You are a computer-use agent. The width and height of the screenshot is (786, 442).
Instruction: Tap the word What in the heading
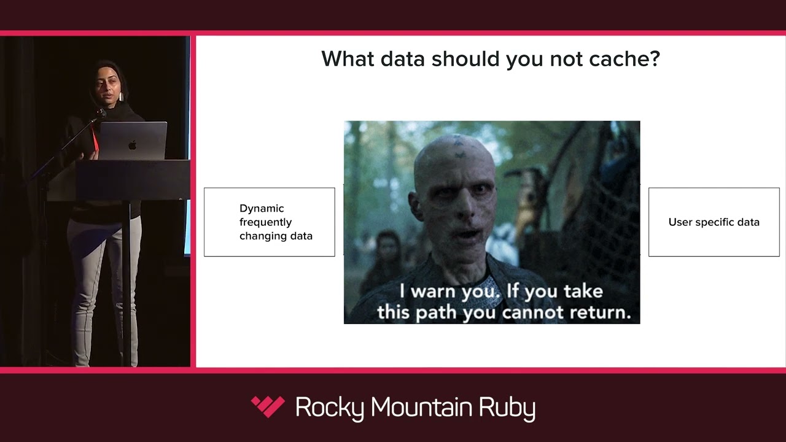pos(348,58)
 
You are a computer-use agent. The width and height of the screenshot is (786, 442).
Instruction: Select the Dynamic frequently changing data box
pos(270,222)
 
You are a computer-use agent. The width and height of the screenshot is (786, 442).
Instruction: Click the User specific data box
pos(714,222)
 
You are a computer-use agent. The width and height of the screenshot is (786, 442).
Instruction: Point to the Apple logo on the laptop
pos(132,144)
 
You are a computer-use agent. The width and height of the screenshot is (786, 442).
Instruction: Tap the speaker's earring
pos(121,96)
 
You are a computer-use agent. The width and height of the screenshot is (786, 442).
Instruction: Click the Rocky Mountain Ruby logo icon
pos(268,406)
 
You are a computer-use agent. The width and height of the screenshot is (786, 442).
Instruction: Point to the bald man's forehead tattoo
pos(458,148)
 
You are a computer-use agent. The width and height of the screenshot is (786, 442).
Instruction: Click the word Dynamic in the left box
pos(262,208)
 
